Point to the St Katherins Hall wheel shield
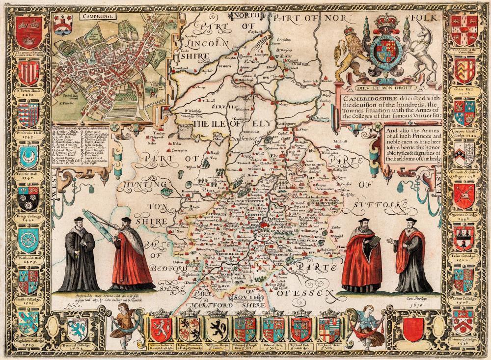tap(28, 240)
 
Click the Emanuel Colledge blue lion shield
tap(78, 327)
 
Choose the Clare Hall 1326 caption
tap(464, 93)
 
